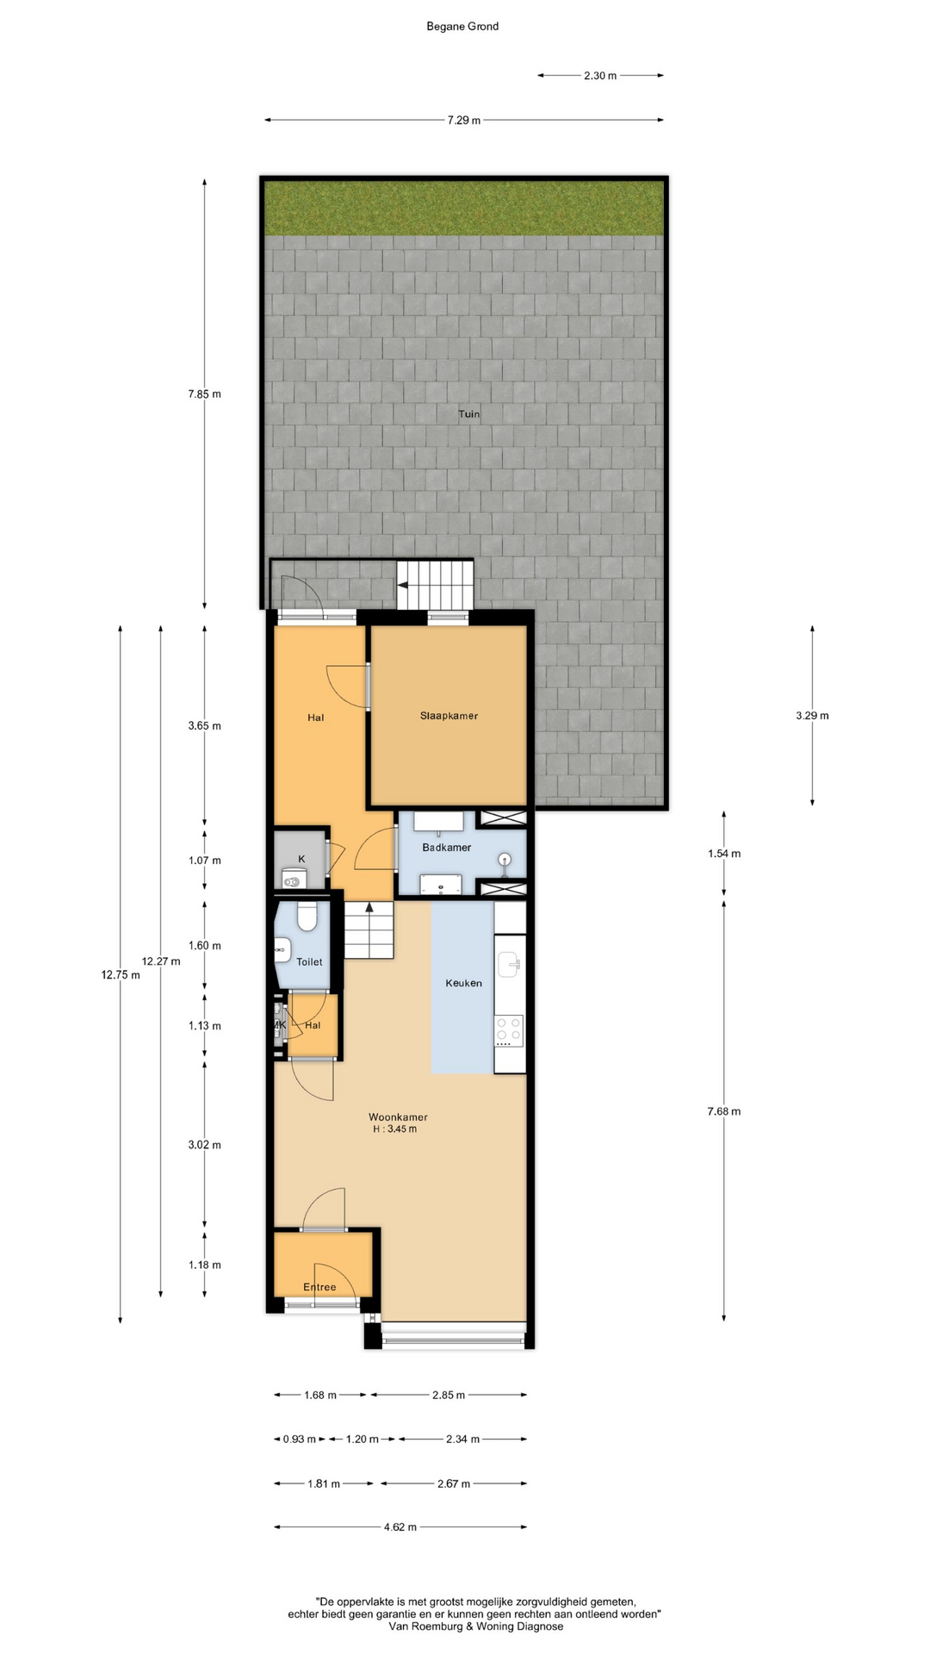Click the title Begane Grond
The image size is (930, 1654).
coord(462,27)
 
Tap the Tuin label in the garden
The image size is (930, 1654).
coord(469,414)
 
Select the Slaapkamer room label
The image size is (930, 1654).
coord(449,716)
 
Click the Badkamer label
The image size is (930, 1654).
coord(446,848)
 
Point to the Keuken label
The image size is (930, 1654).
coord(463,983)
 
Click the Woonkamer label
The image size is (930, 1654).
coord(398,1117)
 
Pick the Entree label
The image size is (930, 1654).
coord(319,1287)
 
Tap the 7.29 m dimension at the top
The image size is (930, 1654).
coord(464,121)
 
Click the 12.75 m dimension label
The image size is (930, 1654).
coord(121,975)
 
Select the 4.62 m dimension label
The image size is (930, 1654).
coord(400,1527)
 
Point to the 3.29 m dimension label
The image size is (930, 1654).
coord(812,716)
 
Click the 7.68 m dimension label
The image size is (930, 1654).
coord(723,1111)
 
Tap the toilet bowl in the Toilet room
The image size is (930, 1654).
coord(307,916)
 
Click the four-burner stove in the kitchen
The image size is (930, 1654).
coord(509,1031)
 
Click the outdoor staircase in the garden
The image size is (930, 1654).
coord(435,585)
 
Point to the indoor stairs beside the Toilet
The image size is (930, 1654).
coord(369,930)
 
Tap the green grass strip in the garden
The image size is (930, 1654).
coord(464,208)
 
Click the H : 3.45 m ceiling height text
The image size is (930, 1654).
coord(394,1129)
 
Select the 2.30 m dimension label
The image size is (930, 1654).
coord(600,76)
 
